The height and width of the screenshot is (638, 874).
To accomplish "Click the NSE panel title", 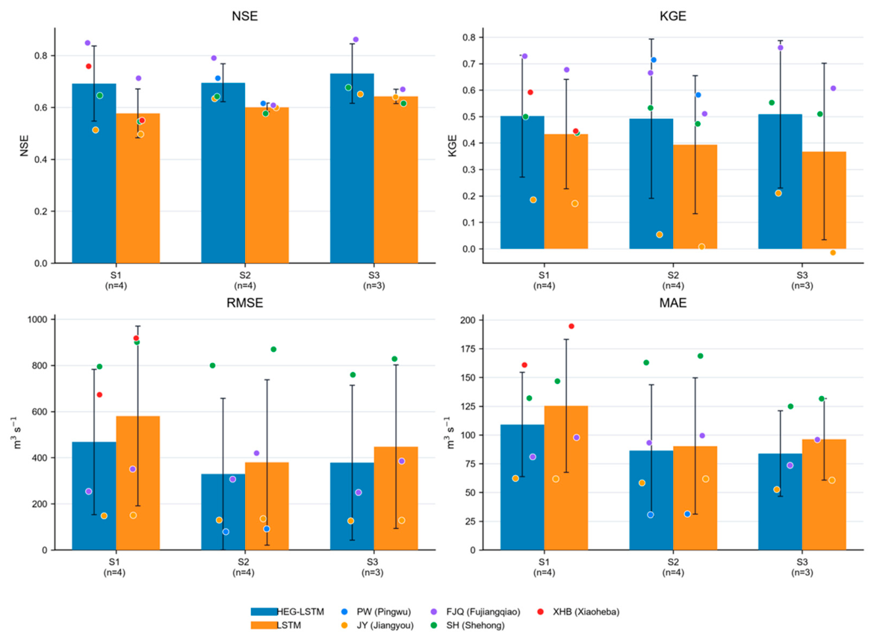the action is pos(245,16).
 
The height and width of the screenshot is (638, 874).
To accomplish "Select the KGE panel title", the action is pos(673,16).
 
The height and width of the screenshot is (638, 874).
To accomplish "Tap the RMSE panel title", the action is pos(245,303).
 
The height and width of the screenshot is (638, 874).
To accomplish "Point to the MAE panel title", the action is pos(673,303).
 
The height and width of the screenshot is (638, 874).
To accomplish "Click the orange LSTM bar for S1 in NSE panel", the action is pos(137,188).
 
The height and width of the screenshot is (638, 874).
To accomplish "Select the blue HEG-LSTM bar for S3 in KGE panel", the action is pos(780,182).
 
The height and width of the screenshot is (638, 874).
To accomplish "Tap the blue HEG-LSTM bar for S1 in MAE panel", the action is pos(522,488).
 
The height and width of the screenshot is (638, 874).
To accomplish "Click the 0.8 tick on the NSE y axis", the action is pos(43,56).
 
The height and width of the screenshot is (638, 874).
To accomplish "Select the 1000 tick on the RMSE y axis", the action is pos(38,319).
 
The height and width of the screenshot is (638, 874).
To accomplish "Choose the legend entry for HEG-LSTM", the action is pos(287,612).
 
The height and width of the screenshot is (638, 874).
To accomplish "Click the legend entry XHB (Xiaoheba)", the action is pos(580,612).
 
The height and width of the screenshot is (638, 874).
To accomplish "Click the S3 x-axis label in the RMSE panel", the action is pos(374,567).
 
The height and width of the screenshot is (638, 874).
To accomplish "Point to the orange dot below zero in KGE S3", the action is pos(833,253).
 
